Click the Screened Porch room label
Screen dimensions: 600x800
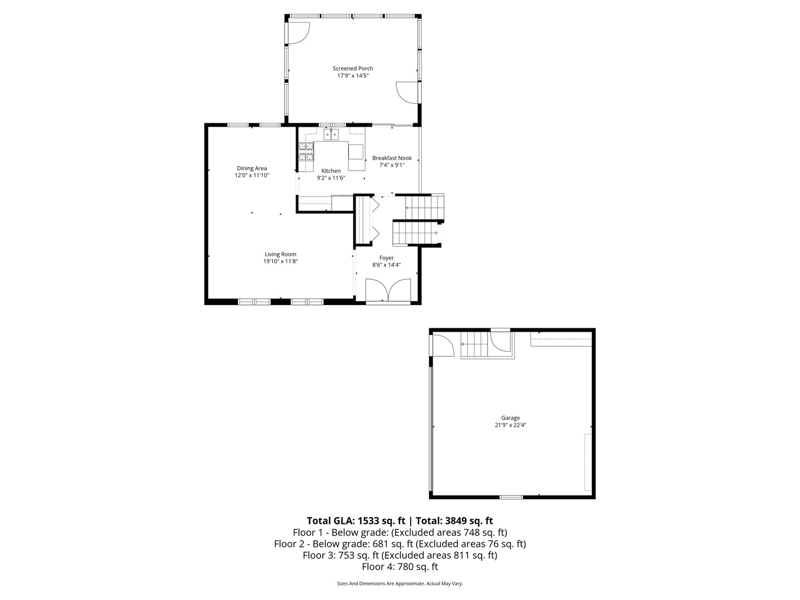(x=353, y=68)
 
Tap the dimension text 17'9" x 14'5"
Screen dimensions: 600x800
(x=353, y=76)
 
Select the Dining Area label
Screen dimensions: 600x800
(x=252, y=168)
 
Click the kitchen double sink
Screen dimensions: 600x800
(x=332, y=134)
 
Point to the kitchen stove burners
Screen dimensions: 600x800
(x=306, y=152)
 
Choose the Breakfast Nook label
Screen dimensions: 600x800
(x=392, y=158)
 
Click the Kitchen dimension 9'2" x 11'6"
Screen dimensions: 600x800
(x=331, y=178)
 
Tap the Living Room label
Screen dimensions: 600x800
(x=281, y=254)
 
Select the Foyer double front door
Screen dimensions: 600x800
(x=388, y=291)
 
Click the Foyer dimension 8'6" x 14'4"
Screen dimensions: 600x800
(x=387, y=265)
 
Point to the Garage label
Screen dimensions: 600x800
(x=511, y=418)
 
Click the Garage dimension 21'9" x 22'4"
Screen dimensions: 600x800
(x=511, y=425)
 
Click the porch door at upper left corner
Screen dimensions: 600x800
(x=297, y=33)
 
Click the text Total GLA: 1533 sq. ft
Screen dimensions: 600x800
(x=356, y=521)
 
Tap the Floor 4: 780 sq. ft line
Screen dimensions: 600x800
(x=399, y=567)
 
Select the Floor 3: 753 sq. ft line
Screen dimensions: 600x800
(x=399, y=555)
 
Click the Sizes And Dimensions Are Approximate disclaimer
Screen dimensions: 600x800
(x=399, y=583)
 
